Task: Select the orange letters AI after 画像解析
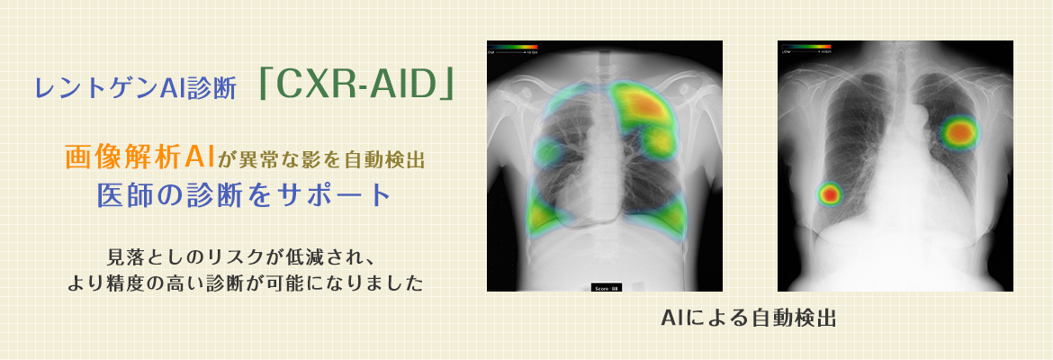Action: point(197,158)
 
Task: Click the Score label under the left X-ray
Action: point(605,288)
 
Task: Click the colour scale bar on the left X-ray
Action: point(512,46)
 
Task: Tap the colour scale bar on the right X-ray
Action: point(805,46)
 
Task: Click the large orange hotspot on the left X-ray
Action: point(641,106)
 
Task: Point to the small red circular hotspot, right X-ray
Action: point(829,193)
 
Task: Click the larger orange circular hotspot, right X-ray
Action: point(960,132)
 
